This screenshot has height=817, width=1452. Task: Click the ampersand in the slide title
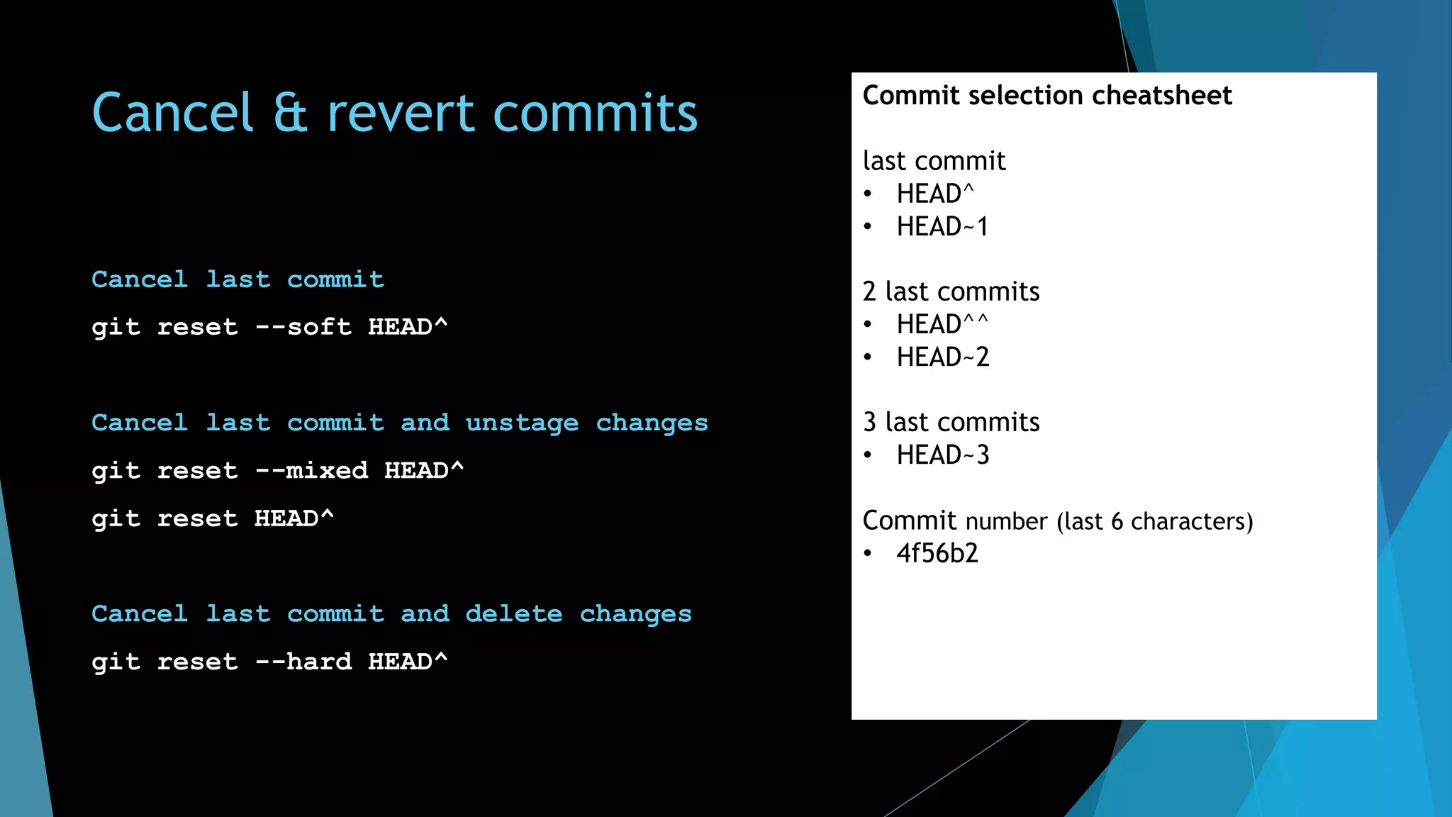291,113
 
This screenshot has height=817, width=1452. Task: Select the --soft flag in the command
303,327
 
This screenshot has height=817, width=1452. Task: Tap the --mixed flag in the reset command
311,471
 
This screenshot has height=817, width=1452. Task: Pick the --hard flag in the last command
303,662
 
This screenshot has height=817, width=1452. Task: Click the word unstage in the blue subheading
522,423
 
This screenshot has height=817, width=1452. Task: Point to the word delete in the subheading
513,614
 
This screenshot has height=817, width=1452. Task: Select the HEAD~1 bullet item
942,227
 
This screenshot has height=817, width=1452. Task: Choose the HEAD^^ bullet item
942,325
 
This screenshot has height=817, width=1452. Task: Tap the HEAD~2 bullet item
942,357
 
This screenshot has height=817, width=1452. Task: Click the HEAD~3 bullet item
942,455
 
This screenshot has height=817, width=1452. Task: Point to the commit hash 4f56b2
937,554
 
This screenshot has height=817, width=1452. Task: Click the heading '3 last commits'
951,423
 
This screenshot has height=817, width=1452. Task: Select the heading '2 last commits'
951,292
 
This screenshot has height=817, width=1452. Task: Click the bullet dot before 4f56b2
868,554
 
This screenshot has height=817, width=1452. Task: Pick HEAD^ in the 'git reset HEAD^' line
294,519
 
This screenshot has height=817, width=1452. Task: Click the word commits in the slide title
596,113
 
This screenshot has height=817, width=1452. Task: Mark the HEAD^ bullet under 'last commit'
934,194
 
